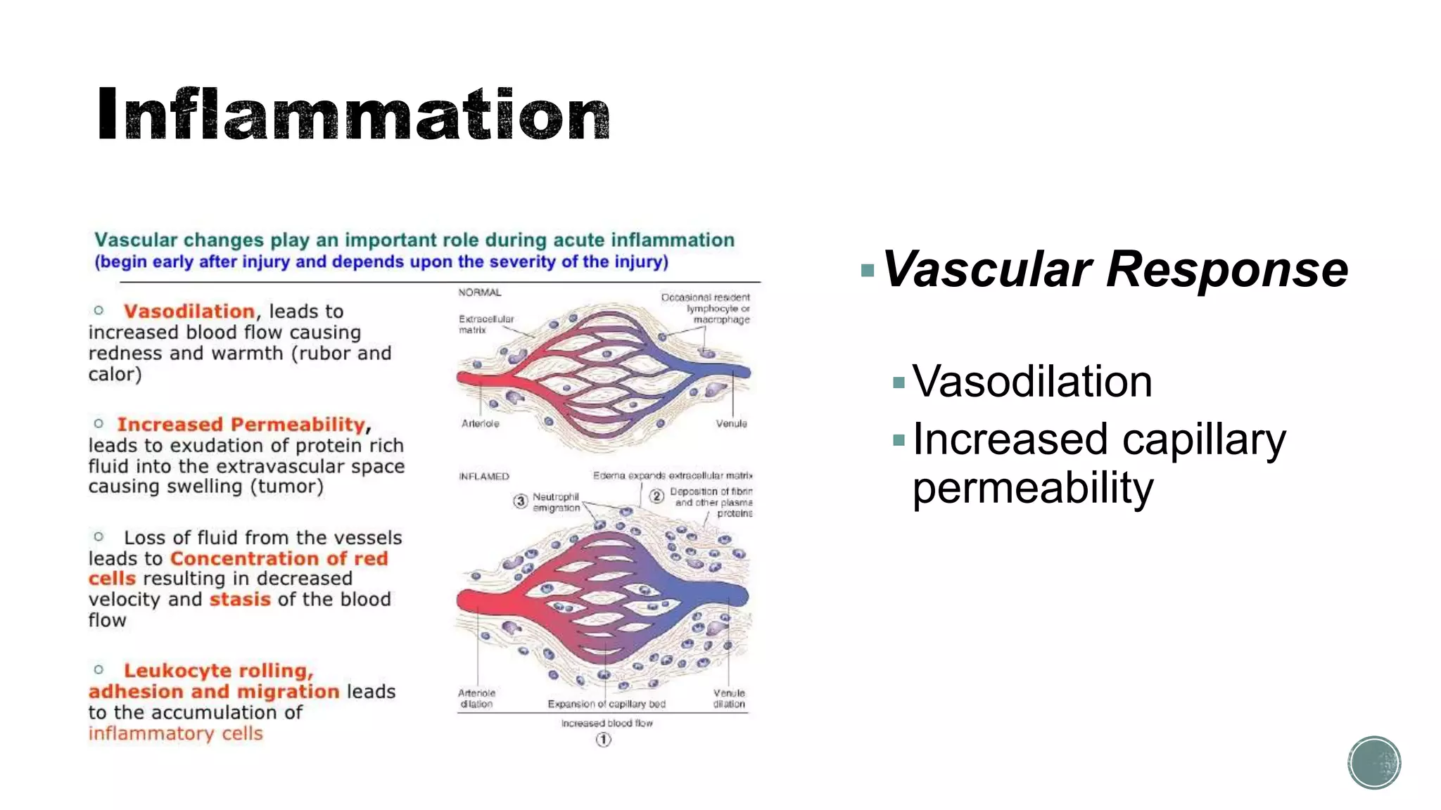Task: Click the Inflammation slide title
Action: click(x=353, y=114)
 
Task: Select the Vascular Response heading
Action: click(x=1115, y=269)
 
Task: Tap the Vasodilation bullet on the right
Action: click(x=1031, y=382)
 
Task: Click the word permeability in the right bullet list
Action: click(x=1033, y=489)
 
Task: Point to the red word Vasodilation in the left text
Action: click(x=189, y=311)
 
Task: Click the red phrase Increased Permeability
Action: click(x=241, y=425)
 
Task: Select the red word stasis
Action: click(x=240, y=600)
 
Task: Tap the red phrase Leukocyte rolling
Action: click(x=218, y=671)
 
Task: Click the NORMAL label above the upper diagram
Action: click(x=480, y=292)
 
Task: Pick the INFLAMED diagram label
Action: click(x=484, y=477)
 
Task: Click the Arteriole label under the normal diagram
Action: click(x=481, y=423)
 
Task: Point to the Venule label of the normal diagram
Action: click(x=731, y=423)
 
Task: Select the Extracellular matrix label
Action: click(x=485, y=324)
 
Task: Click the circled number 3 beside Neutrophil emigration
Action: click(x=520, y=501)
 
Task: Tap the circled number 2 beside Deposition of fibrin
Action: click(x=656, y=496)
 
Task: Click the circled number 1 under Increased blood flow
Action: click(x=604, y=740)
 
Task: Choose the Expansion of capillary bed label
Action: click(x=607, y=704)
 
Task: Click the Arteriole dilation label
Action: click(x=476, y=698)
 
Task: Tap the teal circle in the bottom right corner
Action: click(x=1374, y=763)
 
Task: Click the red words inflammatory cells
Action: click(x=176, y=733)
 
